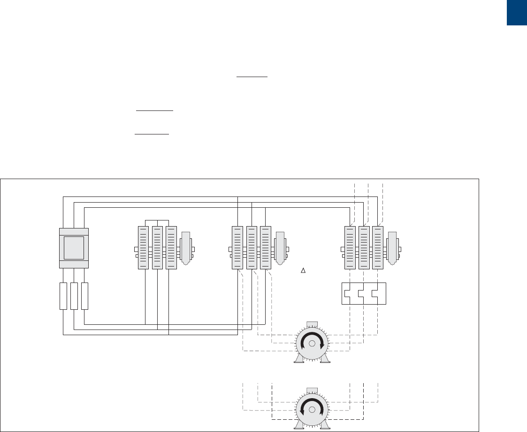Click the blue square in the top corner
pyautogui.click(x=517, y=13)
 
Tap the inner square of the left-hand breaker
pyautogui.click(x=74, y=248)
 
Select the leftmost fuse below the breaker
pyautogui.click(x=63, y=296)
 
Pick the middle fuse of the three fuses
pyautogui.click(x=74, y=296)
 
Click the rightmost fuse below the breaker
pyautogui.click(x=85, y=296)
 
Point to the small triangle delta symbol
pyautogui.click(x=303, y=270)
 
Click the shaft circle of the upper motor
pyautogui.click(x=312, y=344)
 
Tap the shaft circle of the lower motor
pyautogui.click(x=312, y=409)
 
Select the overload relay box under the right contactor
pyautogui.click(x=364, y=293)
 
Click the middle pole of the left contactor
pyautogui.click(x=157, y=248)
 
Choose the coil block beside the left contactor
pyautogui.click(x=185, y=248)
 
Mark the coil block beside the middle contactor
pyautogui.click(x=280, y=248)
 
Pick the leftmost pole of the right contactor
pyautogui.click(x=350, y=248)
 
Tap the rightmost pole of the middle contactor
pyautogui.click(x=266, y=248)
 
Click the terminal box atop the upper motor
pyautogui.click(x=312, y=324)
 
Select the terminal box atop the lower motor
pyautogui.click(x=312, y=390)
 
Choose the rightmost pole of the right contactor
pyautogui.click(x=378, y=248)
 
